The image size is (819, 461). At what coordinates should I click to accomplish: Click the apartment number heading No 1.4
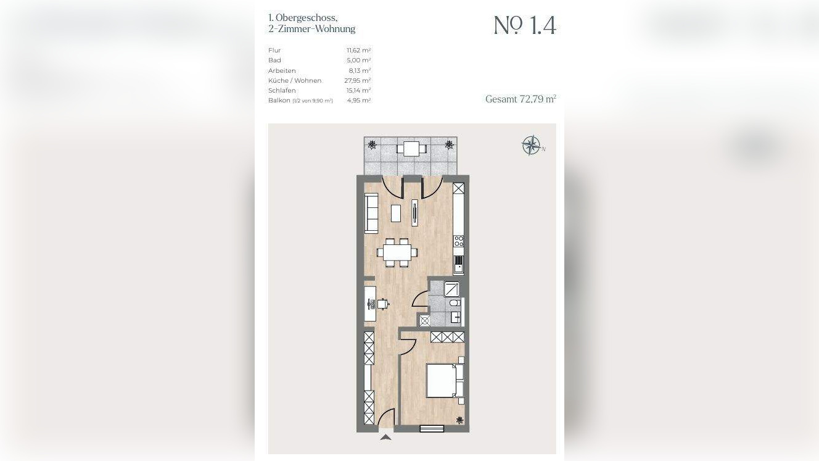[x=525, y=25]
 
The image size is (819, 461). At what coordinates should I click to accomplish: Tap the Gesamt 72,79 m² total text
[x=521, y=99]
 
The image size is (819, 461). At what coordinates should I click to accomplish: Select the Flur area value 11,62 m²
[x=359, y=50]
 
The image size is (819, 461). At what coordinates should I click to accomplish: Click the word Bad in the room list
[x=274, y=60]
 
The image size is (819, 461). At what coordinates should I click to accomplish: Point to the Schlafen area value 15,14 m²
[x=359, y=90]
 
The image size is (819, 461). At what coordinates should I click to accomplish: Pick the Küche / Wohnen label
[x=295, y=80]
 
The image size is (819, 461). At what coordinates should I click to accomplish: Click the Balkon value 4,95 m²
[x=359, y=100]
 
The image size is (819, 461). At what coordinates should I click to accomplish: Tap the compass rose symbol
[x=531, y=145]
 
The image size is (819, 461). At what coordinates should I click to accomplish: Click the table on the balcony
[x=412, y=149]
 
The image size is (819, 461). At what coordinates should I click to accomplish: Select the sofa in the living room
[x=371, y=213]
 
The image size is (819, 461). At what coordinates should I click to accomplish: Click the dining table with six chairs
[x=397, y=252]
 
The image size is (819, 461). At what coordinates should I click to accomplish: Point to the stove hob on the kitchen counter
[x=458, y=241]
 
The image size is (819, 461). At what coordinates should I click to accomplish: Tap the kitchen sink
[x=458, y=264]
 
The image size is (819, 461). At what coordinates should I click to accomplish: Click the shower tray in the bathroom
[x=451, y=289]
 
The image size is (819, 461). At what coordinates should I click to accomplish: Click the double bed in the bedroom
[x=445, y=381]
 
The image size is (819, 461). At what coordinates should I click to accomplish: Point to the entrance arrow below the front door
[x=385, y=437]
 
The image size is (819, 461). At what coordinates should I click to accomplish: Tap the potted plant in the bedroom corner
[x=459, y=421]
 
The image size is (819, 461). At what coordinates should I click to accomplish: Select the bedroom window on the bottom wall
[x=432, y=428]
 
